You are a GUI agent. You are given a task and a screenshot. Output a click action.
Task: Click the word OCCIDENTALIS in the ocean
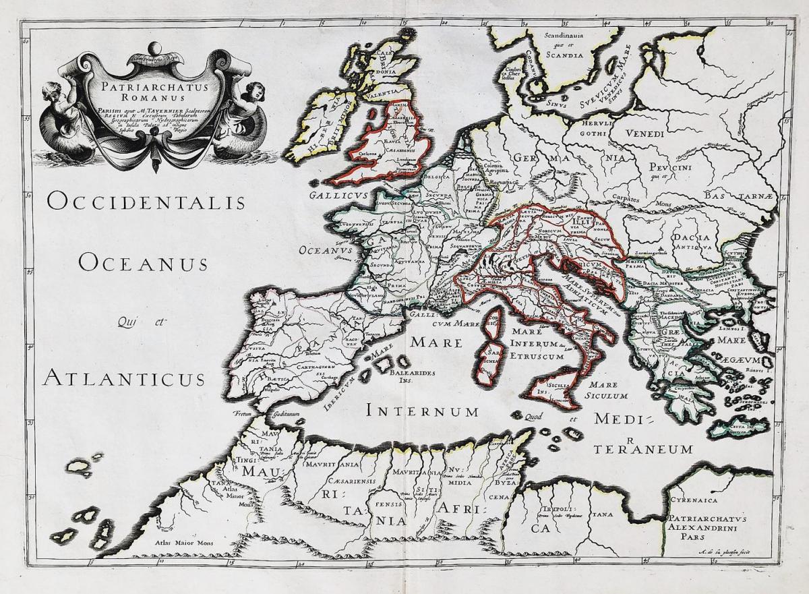pyautogui.click(x=146, y=201)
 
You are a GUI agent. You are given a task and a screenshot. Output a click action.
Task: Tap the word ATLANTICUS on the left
pyautogui.click(x=124, y=378)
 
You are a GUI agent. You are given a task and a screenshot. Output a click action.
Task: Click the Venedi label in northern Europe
pyautogui.click(x=646, y=133)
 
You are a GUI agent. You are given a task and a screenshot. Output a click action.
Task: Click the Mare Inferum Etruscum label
pyautogui.click(x=536, y=344)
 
